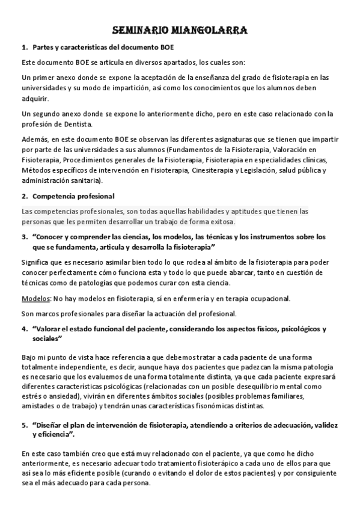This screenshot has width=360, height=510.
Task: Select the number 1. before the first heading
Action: click(x=25, y=47)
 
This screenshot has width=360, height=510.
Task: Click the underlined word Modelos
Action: click(x=35, y=298)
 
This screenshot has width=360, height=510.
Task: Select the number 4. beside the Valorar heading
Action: click(x=25, y=329)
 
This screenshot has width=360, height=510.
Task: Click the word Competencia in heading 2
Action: click(x=54, y=197)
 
